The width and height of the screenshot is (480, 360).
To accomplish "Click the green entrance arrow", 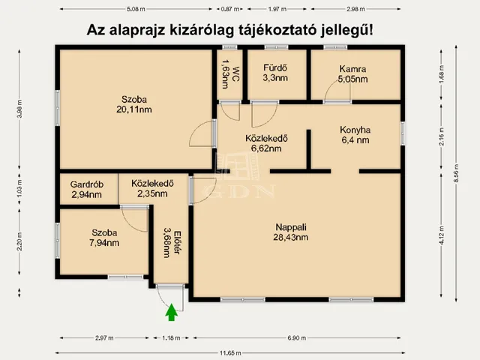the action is (172, 312).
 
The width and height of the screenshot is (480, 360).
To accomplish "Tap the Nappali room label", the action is (291, 227).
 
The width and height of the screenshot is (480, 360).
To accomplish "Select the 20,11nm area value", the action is (134, 109).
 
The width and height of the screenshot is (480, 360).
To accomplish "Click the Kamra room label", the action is (352, 69).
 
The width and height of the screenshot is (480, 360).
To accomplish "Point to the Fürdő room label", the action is (275, 67).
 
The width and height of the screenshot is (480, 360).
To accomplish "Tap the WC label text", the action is (235, 73).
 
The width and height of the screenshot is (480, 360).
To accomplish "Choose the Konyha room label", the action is (355, 130).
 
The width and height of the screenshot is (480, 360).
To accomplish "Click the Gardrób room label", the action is (87, 184).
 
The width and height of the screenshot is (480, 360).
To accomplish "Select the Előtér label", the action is (177, 242).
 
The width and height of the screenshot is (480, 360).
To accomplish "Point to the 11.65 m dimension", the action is (230, 353).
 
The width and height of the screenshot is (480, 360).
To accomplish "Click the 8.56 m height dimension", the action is (456, 173).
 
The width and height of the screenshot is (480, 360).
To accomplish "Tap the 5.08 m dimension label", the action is (136, 9).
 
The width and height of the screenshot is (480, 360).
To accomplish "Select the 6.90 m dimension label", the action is (297, 338).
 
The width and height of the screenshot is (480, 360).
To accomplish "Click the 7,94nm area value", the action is (104, 243).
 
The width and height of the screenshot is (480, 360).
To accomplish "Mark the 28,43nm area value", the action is (291, 237).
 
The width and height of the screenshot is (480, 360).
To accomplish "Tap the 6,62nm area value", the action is (266, 148).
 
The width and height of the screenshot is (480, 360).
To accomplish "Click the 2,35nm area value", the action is (152, 193).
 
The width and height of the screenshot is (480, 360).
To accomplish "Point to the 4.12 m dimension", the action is (441, 235).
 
